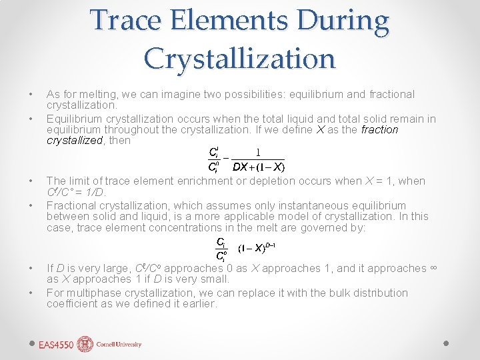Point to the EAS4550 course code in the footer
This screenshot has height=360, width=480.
pos(56,345)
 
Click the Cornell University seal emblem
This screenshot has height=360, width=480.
pos(85,344)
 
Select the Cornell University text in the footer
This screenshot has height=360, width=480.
pos(119,345)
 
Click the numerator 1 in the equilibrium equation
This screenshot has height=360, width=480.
pos(259,153)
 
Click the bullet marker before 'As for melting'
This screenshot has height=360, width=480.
pos(31,95)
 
